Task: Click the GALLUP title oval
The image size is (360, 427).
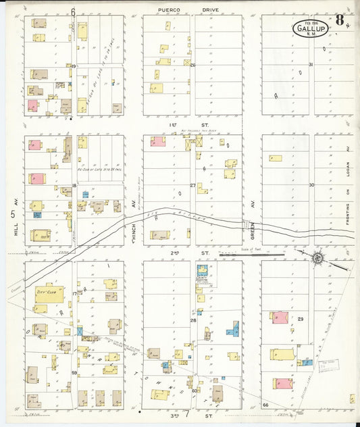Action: (309, 28)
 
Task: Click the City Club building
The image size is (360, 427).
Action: (47, 293)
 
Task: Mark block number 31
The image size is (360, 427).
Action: (311, 65)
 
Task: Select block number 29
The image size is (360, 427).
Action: (301, 318)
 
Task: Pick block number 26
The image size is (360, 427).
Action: (192, 66)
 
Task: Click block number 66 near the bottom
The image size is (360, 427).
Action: (265, 405)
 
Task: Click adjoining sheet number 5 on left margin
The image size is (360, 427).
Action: (13, 214)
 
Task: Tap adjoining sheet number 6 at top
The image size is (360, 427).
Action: (72, 11)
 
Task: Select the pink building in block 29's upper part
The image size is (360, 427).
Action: (280, 317)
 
